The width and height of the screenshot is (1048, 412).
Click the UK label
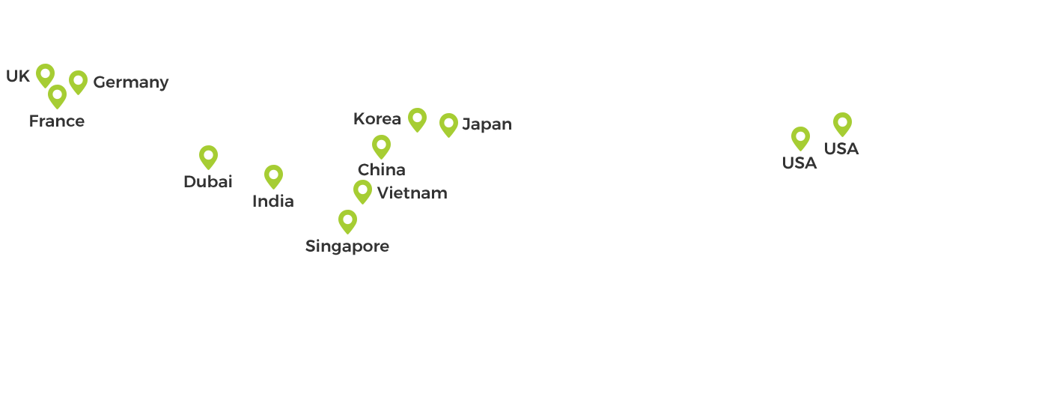(x=18, y=76)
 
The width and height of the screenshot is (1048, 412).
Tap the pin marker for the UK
(x=46, y=74)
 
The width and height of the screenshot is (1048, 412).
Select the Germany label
(x=131, y=82)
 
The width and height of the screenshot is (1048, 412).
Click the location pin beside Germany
(x=79, y=81)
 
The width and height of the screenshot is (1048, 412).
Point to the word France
(x=57, y=121)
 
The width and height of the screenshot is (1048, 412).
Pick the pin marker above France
(x=58, y=95)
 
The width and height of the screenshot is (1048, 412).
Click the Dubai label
(x=208, y=181)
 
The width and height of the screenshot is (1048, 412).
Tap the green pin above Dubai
(x=209, y=156)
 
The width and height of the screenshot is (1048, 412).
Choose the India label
(x=272, y=202)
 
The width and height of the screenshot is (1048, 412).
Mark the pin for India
(x=274, y=175)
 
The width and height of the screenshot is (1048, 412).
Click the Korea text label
(x=377, y=119)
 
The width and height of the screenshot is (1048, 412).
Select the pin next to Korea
(x=418, y=118)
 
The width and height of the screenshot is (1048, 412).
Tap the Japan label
(x=487, y=124)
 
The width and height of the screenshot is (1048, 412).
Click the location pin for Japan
(x=449, y=124)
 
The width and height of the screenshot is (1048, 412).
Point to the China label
(x=382, y=170)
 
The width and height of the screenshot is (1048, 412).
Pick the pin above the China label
(x=382, y=145)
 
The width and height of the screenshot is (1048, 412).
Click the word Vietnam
(x=412, y=193)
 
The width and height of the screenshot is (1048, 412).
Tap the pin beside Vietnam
(x=363, y=190)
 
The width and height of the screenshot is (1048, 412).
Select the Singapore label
(x=347, y=246)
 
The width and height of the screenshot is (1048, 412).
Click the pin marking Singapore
(x=347, y=220)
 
